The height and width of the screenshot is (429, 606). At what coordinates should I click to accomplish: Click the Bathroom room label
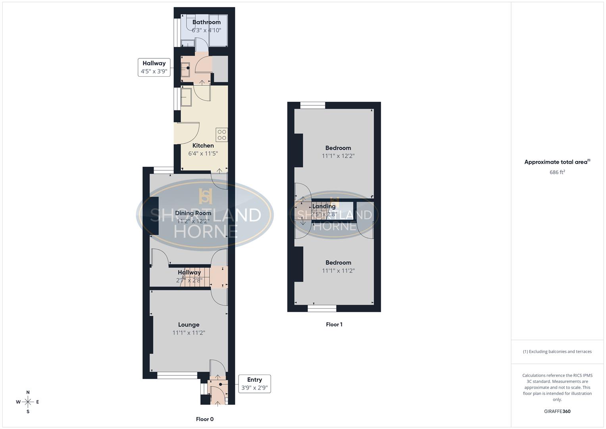click(206, 22)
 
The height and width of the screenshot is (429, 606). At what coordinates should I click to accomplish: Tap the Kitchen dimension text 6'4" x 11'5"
click(203, 153)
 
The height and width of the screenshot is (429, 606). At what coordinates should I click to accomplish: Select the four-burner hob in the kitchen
click(222, 135)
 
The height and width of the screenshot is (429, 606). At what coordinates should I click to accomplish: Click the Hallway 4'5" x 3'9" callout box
click(154, 68)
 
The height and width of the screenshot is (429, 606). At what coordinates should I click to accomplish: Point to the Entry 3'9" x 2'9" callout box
click(254, 384)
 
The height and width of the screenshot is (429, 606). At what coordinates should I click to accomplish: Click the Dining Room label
click(193, 213)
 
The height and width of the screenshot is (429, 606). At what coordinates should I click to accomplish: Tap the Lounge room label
click(189, 325)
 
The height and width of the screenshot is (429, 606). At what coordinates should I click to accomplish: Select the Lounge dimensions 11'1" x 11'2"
click(189, 333)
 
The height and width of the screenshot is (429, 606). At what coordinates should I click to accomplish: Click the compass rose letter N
click(28, 392)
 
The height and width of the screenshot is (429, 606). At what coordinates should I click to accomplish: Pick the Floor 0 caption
click(205, 419)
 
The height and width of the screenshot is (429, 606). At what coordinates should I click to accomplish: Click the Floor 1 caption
click(334, 325)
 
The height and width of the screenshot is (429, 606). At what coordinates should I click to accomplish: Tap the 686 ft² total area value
click(557, 172)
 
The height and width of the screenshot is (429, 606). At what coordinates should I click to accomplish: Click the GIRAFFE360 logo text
click(557, 412)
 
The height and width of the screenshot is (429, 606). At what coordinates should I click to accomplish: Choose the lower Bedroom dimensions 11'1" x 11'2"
click(338, 271)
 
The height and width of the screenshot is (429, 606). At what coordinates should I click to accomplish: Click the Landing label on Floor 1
click(324, 206)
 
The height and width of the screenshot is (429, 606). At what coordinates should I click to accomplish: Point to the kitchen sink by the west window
click(186, 97)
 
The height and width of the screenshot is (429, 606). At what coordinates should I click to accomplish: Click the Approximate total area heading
click(557, 162)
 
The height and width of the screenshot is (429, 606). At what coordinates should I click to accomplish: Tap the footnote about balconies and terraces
click(557, 352)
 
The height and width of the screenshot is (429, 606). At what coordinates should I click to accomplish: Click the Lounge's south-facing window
click(177, 374)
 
